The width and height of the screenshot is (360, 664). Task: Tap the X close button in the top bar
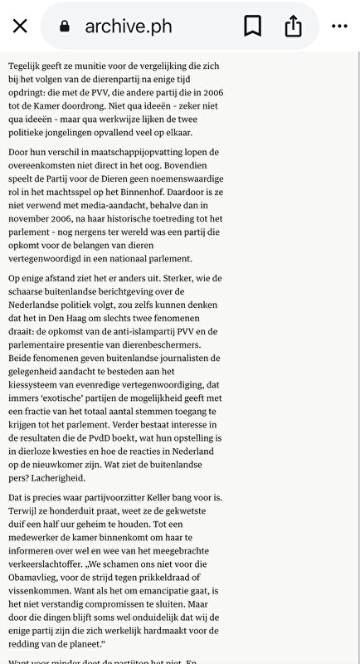click(x=21, y=27)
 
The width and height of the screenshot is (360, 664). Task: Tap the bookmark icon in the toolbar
click(x=252, y=27)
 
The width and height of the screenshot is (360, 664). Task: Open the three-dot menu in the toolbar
click(x=339, y=27)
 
